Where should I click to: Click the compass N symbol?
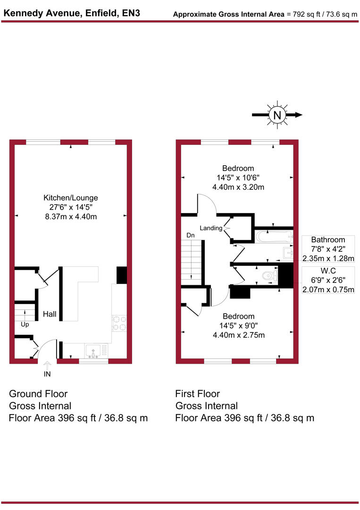coord(277,115)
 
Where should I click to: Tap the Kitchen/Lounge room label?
coord(71,197)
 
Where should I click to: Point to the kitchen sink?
coord(94,351)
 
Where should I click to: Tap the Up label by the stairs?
coord(25,325)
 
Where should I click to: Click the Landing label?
coord(210,228)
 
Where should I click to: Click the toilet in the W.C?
coord(268,276)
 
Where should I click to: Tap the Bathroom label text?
coord(328,240)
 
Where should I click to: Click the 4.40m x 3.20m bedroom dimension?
coord(238,187)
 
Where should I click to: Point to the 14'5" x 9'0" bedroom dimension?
coord(238,326)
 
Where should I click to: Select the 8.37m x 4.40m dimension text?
coord(71,216)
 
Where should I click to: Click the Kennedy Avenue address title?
coord(72,14)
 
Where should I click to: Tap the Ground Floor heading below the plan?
coord(38,394)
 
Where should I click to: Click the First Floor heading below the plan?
coord(197,394)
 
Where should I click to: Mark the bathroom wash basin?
coord(288,253)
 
